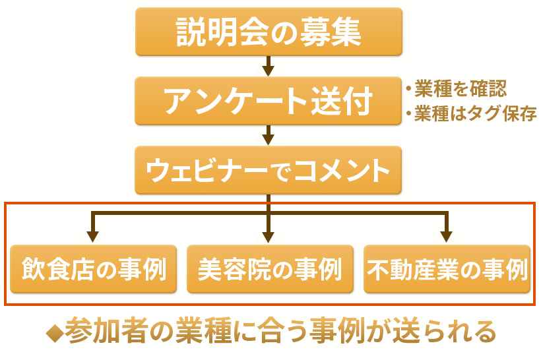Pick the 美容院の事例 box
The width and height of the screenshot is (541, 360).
269,269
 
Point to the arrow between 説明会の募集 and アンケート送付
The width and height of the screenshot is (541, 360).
268,66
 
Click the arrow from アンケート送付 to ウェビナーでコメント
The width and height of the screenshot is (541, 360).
268,135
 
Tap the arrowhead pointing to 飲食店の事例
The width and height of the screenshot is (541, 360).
93,236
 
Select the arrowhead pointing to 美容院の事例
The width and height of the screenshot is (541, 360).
268,236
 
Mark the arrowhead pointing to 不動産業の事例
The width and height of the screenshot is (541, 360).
447,236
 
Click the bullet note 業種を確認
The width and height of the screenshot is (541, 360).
456,88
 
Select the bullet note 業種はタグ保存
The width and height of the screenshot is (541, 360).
470,114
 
